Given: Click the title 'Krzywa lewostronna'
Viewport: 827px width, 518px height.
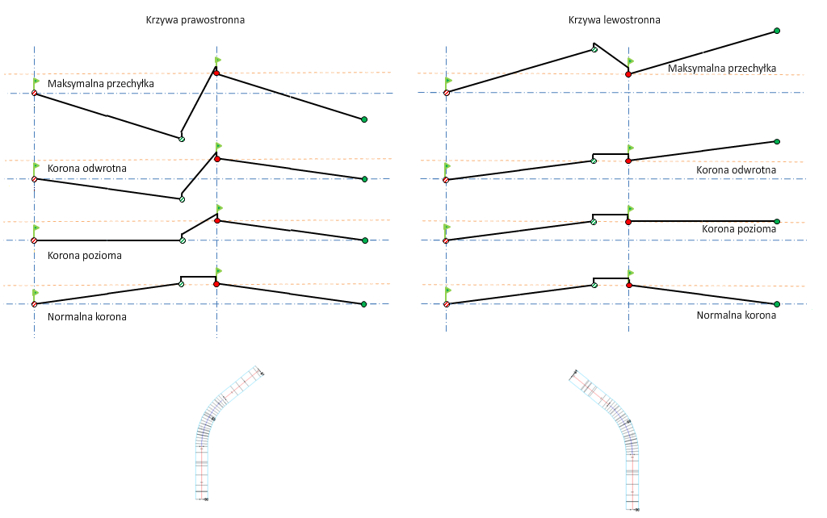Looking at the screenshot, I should [614, 20].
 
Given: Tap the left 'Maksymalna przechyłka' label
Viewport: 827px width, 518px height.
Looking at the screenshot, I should [100, 83].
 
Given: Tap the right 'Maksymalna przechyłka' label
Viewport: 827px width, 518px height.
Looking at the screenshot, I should [722, 69].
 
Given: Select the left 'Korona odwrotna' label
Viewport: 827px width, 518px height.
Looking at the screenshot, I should [82, 168].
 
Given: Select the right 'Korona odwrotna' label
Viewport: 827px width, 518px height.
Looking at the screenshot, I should [736, 169].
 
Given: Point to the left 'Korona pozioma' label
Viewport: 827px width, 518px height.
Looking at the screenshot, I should [85, 255].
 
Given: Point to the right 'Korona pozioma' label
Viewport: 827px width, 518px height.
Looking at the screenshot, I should [738, 228].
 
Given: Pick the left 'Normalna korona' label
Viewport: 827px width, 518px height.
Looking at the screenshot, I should [86, 316].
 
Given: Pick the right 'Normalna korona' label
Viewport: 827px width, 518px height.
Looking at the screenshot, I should [736, 315].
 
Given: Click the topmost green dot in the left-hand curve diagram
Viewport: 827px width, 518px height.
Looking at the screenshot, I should [364, 119].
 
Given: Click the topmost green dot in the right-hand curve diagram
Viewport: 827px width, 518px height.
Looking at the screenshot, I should [777, 31].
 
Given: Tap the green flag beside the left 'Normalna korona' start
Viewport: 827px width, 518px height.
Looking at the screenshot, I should [36, 294].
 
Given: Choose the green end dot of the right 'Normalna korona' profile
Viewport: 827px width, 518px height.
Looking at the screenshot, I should [777, 304].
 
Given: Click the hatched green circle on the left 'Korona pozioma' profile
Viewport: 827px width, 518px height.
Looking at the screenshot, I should [182, 240].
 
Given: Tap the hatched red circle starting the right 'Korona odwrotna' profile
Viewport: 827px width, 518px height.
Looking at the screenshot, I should [446, 180].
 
